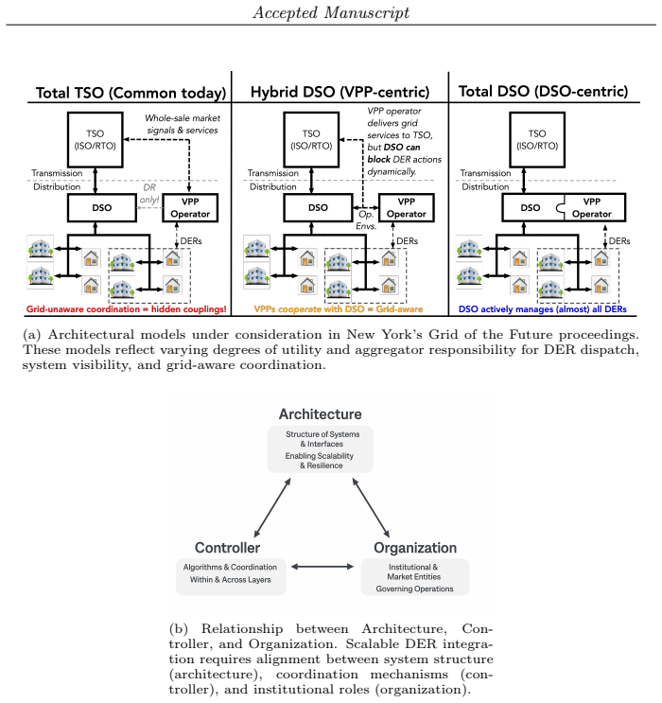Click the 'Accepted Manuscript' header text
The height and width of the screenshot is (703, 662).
(x=331, y=12)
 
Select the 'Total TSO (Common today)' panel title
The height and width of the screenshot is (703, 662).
(x=131, y=93)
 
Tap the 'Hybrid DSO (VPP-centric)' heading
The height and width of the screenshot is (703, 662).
(x=340, y=92)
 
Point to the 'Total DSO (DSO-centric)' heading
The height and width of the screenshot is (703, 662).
(x=543, y=92)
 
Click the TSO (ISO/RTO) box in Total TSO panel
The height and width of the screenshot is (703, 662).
(x=95, y=140)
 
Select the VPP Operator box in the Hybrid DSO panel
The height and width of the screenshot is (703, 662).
(x=407, y=207)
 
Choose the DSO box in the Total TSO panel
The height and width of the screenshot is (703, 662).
(x=102, y=207)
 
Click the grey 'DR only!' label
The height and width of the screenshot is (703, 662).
(x=149, y=194)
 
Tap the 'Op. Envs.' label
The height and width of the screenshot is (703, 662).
(x=366, y=220)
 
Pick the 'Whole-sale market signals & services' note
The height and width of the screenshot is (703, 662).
(x=183, y=124)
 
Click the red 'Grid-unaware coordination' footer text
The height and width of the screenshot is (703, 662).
(x=83, y=309)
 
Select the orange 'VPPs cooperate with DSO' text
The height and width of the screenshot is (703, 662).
(x=309, y=309)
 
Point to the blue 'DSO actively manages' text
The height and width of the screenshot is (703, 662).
(x=506, y=309)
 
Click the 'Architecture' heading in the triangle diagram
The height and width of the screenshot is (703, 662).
(x=320, y=414)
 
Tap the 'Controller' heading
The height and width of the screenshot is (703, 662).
(x=227, y=548)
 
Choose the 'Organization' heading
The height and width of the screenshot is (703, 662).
(x=415, y=548)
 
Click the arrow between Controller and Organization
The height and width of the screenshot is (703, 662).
(x=322, y=567)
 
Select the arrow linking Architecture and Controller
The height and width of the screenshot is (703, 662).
(x=272, y=507)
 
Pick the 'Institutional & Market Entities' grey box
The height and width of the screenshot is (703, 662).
(x=415, y=577)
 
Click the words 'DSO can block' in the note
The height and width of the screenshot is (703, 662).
(x=393, y=153)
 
